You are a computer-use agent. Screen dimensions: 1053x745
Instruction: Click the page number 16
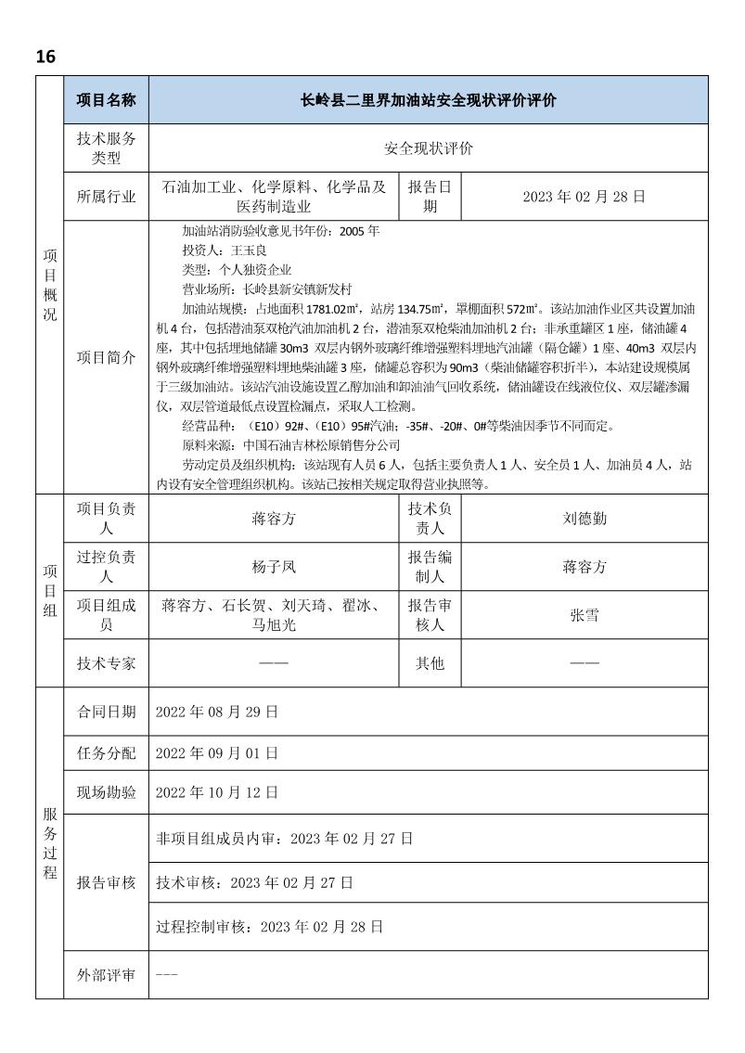[45, 57]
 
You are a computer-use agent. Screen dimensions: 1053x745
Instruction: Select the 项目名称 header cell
[106, 100]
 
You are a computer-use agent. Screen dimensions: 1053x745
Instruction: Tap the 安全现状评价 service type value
[428, 148]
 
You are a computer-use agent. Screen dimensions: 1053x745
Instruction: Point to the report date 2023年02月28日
[584, 197]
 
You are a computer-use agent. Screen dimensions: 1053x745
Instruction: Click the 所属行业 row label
[106, 197]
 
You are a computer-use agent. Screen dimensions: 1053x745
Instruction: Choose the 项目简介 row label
[106, 357]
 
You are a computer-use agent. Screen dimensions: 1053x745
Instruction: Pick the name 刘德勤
[584, 519]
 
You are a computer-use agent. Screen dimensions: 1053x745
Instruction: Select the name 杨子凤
[274, 567]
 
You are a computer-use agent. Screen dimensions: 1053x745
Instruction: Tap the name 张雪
[584, 615]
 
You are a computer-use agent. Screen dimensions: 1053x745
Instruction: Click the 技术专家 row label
[106, 663]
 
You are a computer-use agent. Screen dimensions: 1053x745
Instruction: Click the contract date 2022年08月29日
[216, 712]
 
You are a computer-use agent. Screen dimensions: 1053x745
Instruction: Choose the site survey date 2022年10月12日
[216, 792]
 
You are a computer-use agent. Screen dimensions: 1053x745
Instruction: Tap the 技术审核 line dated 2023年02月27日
[254, 882]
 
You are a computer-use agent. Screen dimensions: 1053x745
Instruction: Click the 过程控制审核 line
[269, 926]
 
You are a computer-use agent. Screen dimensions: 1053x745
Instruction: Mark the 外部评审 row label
[106, 975]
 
